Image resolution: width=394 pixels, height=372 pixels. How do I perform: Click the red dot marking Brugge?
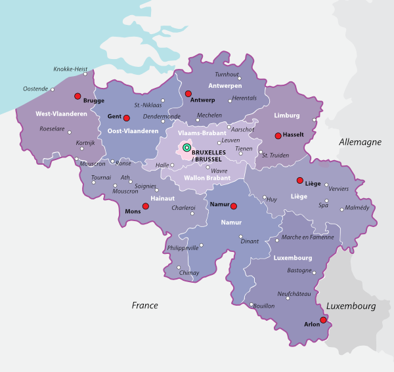click(x=78, y=95)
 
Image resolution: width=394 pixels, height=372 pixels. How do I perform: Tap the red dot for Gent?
click(x=127, y=118)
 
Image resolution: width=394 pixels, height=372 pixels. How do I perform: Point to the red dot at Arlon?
click(x=323, y=320)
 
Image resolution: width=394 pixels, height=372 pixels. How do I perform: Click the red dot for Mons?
click(x=146, y=206)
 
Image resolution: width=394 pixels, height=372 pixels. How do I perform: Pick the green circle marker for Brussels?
click(x=186, y=148)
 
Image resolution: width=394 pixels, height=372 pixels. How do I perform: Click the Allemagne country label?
click(x=360, y=142)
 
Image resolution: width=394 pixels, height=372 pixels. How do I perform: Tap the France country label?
click(x=144, y=305)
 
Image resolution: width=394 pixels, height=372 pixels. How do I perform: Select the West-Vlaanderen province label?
click(x=60, y=114)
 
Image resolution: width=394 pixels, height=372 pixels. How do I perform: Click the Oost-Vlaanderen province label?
click(x=134, y=131)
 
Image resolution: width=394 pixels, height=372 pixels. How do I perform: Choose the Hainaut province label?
click(x=162, y=197)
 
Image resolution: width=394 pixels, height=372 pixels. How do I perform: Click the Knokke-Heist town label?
click(x=70, y=68)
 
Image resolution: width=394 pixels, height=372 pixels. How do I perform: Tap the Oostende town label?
click(x=35, y=89)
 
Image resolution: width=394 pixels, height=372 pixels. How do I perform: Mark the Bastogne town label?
click(x=299, y=270)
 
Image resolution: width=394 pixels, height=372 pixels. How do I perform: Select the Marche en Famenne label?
click(x=307, y=237)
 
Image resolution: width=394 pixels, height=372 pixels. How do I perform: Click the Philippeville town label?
click(x=183, y=249)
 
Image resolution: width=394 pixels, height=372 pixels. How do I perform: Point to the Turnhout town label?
click(x=227, y=74)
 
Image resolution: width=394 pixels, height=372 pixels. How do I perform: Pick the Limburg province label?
click(x=286, y=115)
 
